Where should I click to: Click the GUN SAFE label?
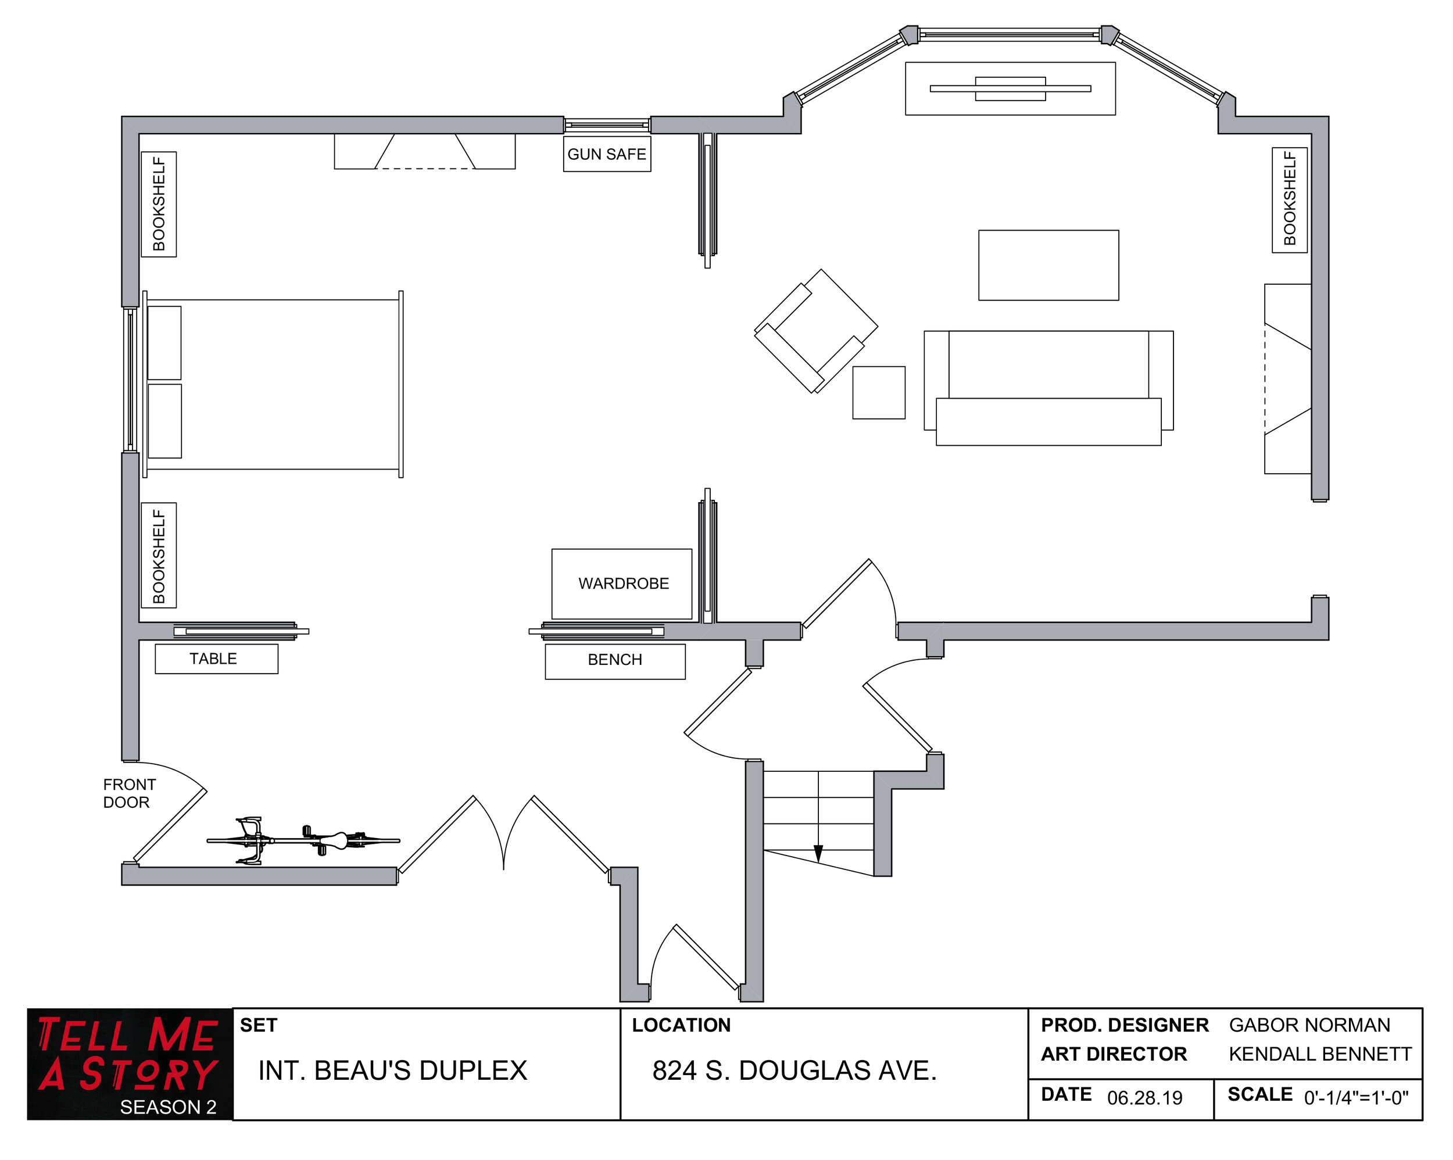607,155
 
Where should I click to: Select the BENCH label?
615,660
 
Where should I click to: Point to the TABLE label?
213,658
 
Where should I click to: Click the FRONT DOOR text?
128,793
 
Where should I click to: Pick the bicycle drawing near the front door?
303,840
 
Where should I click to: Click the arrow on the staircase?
818,853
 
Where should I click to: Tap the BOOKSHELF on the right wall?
1289,199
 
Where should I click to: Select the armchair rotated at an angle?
815,331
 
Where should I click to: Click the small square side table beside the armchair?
878,393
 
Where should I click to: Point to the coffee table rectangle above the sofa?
1048,265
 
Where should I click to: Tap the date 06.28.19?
1144,1098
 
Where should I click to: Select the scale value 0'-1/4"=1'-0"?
1355,1098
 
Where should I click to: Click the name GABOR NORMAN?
1309,1025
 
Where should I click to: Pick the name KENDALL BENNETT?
1319,1054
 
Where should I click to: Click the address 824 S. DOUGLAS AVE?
794,1071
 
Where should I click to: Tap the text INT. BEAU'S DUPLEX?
392,1071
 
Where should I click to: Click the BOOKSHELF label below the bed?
158,556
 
